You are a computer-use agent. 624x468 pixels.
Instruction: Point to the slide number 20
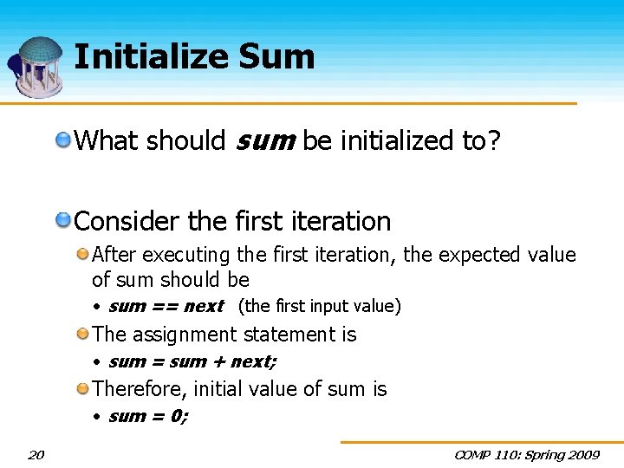(x=36, y=454)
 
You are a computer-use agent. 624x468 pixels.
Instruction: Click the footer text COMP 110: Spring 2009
(x=527, y=454)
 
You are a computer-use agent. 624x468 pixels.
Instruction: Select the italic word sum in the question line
(x=264, y=140)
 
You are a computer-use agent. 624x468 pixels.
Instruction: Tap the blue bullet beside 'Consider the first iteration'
(x=64, y=221)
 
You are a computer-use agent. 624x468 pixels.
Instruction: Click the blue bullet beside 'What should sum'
(x=64, y=140)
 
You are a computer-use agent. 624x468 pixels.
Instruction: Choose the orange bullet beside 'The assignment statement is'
(x=82, y=334)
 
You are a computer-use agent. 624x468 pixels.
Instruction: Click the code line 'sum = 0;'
(x=148, y=416)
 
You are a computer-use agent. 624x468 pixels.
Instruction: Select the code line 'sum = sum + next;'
(x=192, y=361)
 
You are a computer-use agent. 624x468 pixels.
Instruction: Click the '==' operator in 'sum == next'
(x=165, y=306)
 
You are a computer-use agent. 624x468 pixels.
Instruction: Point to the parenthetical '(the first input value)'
(x=319, y=306)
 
